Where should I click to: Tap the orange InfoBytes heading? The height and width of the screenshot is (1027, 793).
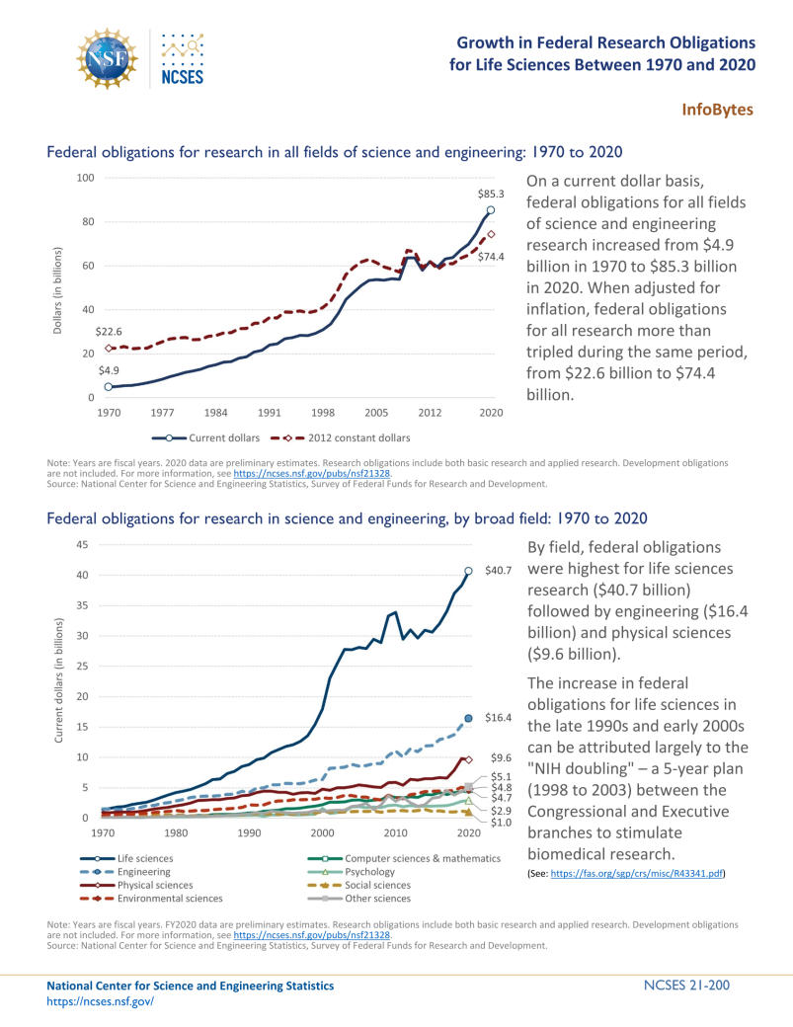click(718, 109)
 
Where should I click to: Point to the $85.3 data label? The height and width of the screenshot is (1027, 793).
click(491, 195)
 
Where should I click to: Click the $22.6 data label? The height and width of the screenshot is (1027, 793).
click(109, 333)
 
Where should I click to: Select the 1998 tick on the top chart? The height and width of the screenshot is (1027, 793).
click(322, 412)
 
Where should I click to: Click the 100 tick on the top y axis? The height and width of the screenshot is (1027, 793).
click(85, 178)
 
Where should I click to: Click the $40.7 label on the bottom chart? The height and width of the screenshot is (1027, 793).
click(497, 571)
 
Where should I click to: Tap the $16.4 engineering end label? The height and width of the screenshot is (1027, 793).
click(497, 719)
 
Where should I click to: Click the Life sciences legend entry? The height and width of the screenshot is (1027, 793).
click(145, 858)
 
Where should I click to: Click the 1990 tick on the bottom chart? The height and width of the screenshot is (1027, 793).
click(249, 833)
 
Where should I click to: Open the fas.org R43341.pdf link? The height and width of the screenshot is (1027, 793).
click(639, 875)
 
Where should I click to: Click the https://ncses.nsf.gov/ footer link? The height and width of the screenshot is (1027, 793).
click(101, 1000)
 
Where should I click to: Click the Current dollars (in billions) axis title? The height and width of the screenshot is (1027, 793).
click(58, 681)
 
